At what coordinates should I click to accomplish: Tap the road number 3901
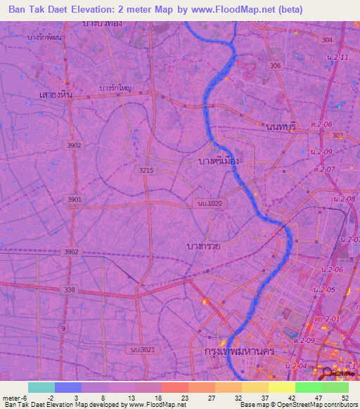click(x=74, y=200)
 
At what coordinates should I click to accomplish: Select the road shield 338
click(x=69, y=290)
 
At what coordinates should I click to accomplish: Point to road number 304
click(x=326, y=40)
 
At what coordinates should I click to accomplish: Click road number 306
click(x=275, y=65)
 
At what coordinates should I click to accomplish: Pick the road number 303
click(x=337, y=135)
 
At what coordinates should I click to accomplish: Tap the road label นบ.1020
click(x=209, y=203)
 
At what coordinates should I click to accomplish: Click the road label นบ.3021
click(x=141, y=349)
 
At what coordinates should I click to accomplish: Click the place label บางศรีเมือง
click(x=218, y=161)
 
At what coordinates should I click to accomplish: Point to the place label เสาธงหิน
click(x=57, y=93)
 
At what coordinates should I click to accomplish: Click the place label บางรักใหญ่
click(x=116, y=89)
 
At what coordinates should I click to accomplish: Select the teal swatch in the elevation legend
click(x=41, y=387)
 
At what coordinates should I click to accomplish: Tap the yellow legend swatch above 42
click(x=281, y=387)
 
